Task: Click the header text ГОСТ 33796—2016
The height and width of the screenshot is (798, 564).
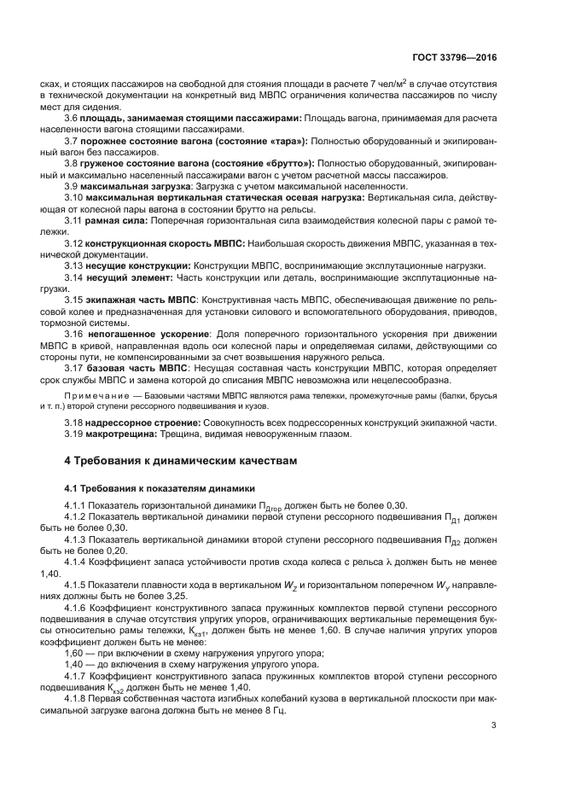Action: [x=462, y=59]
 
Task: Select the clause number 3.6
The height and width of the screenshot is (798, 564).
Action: [x=72, y=117]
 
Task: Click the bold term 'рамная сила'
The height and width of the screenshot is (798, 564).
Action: [x=117, y=220]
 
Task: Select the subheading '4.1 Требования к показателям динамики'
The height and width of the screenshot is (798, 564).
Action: [x=160, y=489]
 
